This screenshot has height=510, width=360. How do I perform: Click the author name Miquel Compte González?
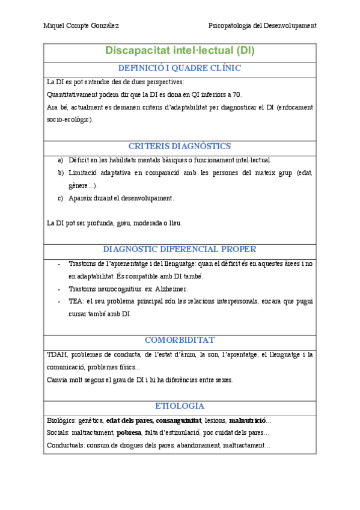[x=81, y=25]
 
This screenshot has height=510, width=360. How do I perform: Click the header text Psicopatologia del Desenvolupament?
[x=262, y=25]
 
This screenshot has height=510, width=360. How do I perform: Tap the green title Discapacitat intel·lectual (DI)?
[x=180, y=51]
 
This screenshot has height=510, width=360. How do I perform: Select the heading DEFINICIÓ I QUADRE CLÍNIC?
[x=180, y=68]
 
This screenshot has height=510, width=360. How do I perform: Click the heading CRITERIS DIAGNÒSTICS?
[x=180, y=146]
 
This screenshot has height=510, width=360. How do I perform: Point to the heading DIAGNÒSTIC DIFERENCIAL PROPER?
[x=180, y=249]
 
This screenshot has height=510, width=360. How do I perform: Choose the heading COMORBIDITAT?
[x=180, y=340]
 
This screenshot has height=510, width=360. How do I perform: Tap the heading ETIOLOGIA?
[x=180, y=406]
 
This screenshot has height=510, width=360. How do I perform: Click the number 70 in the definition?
[x=237, y=94]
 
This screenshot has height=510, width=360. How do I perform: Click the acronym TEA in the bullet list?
[x=76, y=301]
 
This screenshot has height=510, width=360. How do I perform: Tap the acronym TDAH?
[x=57, y=354]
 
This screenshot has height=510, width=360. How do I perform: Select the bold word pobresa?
[x=129, y=432]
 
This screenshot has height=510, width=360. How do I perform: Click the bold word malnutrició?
[x=247, y=420]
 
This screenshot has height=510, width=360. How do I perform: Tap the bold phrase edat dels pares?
[x=129, y=420]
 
